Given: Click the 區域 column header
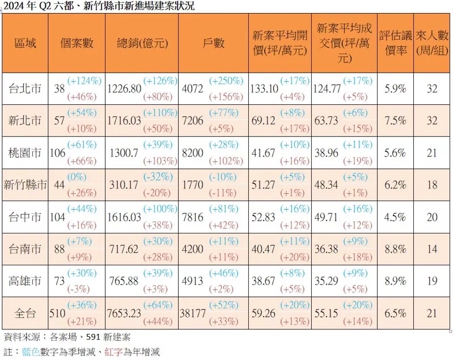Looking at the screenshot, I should coord(25,44).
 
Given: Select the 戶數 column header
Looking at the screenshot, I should coord(213,44).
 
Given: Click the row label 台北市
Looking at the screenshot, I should coord(25,88).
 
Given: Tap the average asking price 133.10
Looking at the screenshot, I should coord(264,88).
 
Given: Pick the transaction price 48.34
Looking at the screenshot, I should coord(328,184).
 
